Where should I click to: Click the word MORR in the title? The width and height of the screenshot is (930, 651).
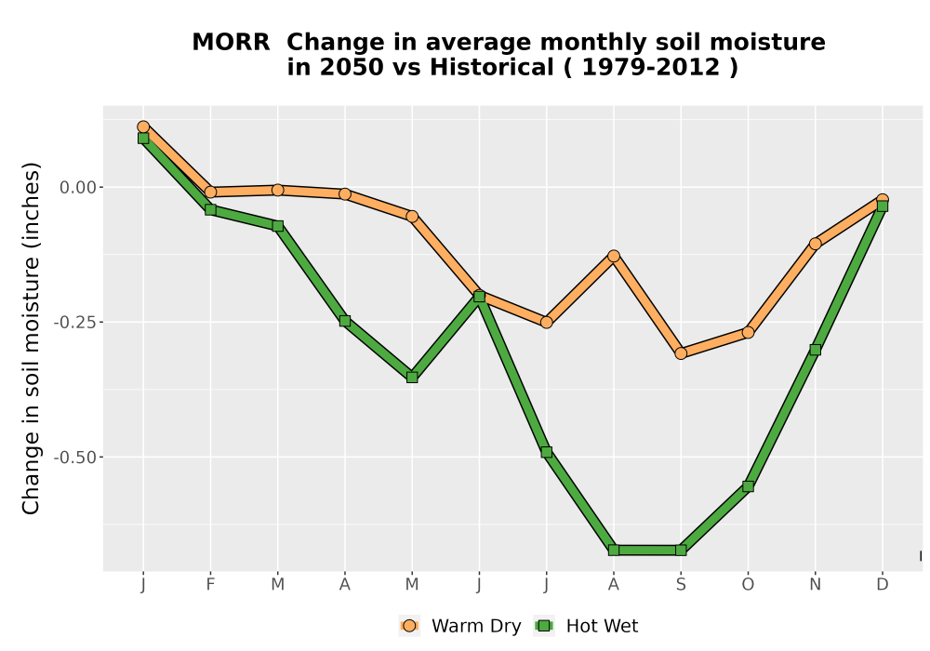point(231,43)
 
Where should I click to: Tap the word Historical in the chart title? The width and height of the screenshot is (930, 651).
point(492,67)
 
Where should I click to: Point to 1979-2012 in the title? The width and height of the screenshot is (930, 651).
point(651,67)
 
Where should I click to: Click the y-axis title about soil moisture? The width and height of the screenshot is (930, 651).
point(31,338)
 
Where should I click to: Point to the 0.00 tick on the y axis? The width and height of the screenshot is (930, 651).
point(78,187)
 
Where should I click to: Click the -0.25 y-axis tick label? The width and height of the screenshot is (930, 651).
point(74,323)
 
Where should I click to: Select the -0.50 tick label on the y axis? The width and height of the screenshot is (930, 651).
point(74,458)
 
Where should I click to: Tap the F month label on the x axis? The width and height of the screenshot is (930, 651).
point(210,585)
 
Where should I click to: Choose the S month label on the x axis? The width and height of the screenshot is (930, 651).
point(681,585)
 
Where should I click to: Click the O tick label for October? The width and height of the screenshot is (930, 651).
point(748,585)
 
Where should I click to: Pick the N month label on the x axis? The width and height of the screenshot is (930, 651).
point(816,585)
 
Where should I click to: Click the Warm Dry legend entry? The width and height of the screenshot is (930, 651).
point(460,626)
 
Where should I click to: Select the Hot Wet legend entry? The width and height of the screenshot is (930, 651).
point(587,626)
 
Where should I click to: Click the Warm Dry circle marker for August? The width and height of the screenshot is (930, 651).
point(614,256)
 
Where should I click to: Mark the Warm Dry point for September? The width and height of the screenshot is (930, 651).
point(681,353)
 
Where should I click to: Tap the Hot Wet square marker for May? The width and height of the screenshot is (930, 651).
point(412,377)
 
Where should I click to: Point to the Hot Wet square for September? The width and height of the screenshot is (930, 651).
point(681,551)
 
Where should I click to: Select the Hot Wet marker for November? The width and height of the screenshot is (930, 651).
point(816,350)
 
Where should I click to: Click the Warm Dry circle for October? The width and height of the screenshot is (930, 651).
point(748,333)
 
